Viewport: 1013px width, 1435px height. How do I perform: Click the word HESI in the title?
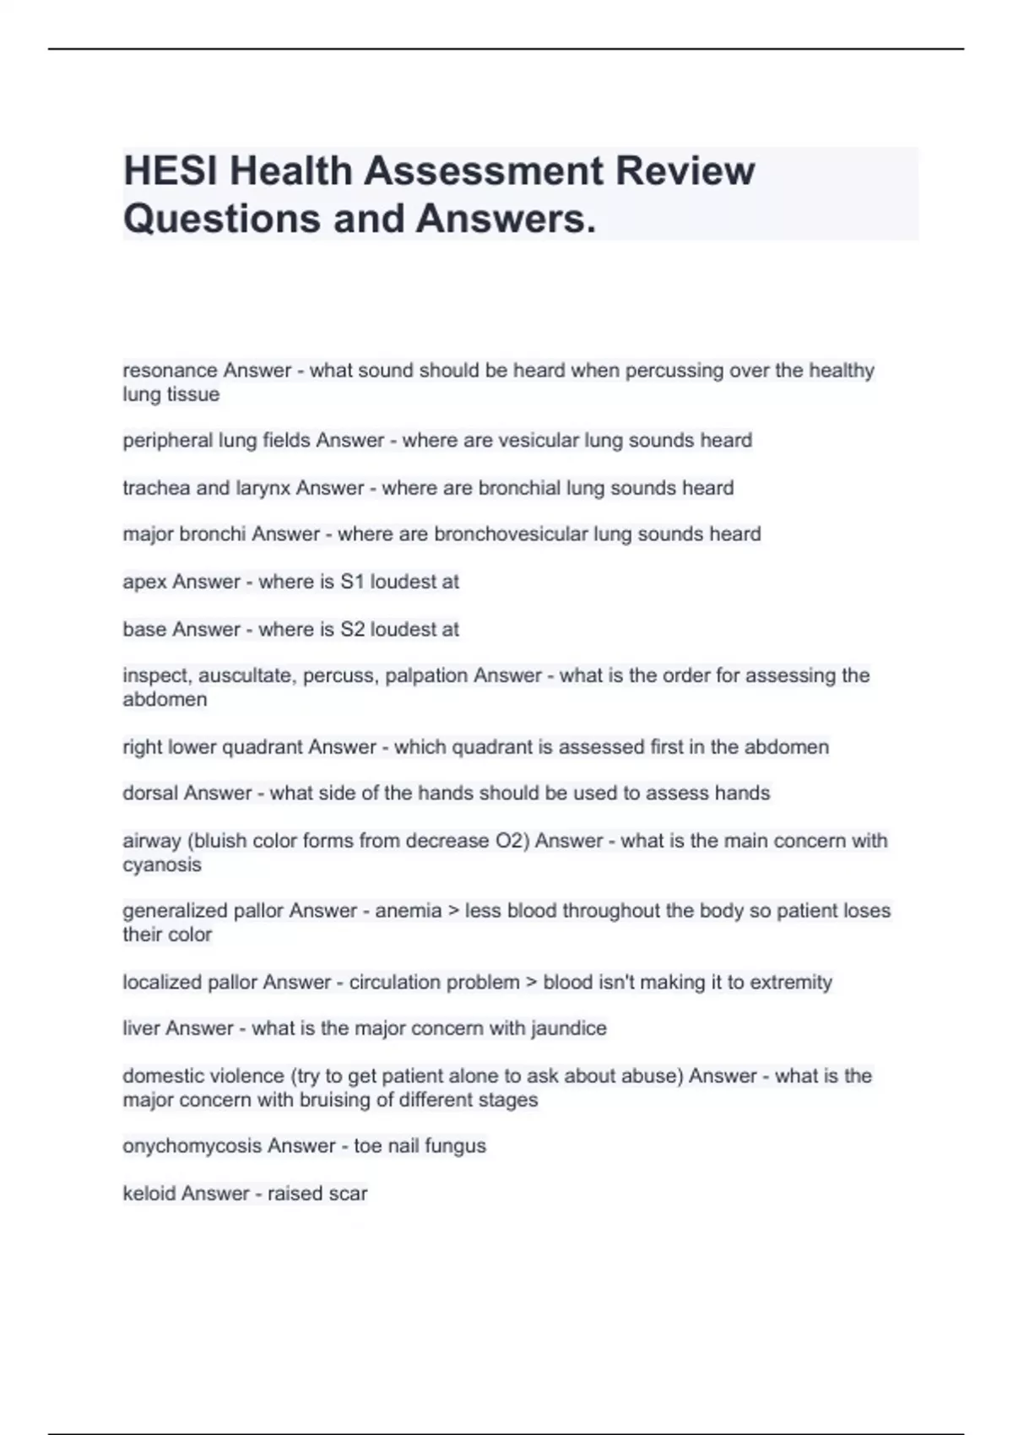165,171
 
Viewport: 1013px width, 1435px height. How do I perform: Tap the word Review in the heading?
685,171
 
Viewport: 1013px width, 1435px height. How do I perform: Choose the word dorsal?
149,793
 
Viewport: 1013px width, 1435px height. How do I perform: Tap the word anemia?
408,911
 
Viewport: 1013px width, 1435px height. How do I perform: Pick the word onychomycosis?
192,1146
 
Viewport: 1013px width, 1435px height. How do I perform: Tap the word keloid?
149,1194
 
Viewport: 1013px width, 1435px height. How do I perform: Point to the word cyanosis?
162,865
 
